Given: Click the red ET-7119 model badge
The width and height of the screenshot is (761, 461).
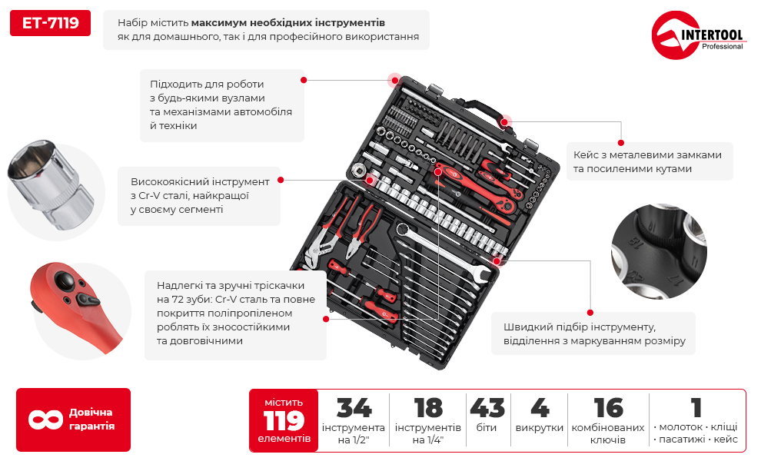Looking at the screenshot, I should [x=50, y=23].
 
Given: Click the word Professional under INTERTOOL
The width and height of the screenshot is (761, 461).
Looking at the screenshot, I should [x=722, y=47].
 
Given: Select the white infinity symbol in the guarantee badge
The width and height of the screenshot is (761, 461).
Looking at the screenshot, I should [x=45, y=420].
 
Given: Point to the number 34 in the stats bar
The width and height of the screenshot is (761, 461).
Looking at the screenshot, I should [x=354, y=408].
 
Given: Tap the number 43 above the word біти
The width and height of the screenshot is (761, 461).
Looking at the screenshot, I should [x=487, y=408].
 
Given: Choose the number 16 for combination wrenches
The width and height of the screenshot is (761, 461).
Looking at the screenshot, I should [x=608, y=408].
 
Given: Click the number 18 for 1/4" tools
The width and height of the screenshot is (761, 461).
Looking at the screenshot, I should [x=428, y=408].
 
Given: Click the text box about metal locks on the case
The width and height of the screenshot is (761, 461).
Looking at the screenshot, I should [x=648, y=161].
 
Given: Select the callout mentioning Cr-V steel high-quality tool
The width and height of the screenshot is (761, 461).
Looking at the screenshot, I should [x=200, y=195].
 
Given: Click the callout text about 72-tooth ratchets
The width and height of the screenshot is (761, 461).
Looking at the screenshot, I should [x=235, y=313].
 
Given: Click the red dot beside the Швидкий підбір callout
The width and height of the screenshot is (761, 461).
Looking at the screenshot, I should [x=590, y=311].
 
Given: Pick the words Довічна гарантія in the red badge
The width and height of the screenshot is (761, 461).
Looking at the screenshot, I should [x=91, y=420].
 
